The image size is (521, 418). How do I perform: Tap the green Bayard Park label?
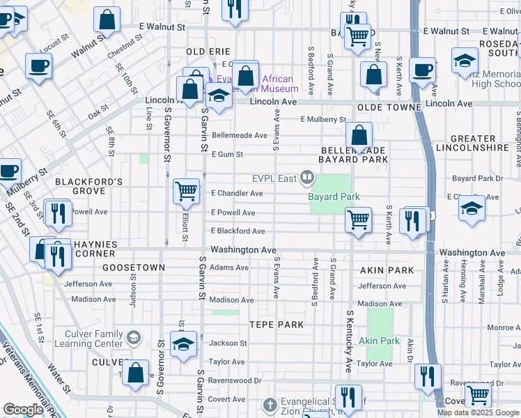(334, 197)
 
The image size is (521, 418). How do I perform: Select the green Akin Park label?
(380, 341)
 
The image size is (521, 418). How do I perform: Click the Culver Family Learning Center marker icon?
(133, 338)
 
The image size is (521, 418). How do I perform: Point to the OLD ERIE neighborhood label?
(207, 52)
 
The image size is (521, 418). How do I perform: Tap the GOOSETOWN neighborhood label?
(133, 268)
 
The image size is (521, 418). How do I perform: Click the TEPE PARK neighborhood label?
(277, 325)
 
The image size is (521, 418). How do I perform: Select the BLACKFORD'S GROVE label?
(89, 186)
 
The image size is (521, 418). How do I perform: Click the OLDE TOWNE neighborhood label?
(389, 107)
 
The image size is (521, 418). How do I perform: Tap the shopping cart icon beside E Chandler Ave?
(186, 190)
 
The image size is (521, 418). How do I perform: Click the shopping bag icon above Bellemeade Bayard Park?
(359, 136)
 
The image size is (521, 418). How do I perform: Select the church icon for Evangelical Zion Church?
(270, 405)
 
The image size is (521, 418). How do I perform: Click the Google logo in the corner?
(23, 409)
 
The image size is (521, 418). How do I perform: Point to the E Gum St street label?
(227, 154)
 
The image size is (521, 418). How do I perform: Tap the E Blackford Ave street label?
(238, 231)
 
